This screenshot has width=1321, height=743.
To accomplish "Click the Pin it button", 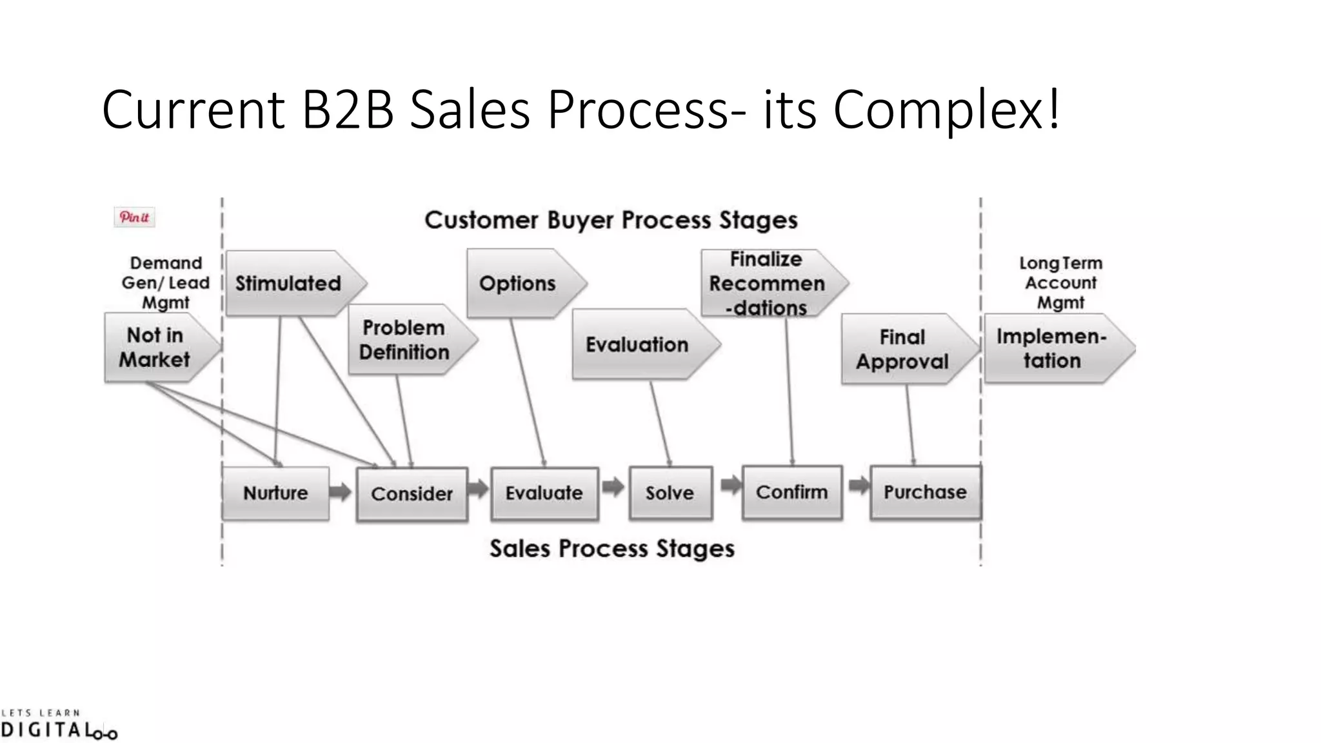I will [x=134, y=217].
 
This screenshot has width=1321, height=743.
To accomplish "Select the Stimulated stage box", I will [x=288, y=284].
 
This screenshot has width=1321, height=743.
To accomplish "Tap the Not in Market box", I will [x=155, y=348].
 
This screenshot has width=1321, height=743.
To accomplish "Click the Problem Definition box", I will [x=404, y=340].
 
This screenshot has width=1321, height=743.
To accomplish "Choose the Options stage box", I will [x=518, y=284].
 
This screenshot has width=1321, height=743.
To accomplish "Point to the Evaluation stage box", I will [x=637, y=345].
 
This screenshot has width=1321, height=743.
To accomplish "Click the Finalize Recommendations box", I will [x=767, y=284].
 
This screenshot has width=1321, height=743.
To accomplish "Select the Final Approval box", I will [x=902, y=350].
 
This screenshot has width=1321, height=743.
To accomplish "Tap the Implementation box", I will [x=1051, y=349].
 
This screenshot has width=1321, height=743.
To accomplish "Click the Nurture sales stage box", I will [x=275, y=493].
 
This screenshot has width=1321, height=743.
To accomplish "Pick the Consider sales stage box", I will [x=412, y=494].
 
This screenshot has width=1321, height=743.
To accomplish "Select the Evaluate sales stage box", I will [x=544, y=493].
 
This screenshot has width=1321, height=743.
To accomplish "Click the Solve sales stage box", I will [x=670, y=493].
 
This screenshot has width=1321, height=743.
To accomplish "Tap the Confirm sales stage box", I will [x=792, y=493].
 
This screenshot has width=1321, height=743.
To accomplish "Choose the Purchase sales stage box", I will [x=925, y=493].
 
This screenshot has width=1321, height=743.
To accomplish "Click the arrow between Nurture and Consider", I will [x=341, y=493].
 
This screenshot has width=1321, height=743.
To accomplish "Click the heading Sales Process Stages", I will [x=612, y=549].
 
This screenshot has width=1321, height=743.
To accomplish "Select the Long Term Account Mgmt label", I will [x=1061, y=282].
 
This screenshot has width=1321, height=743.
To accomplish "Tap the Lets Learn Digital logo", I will [x=58, y=725].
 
